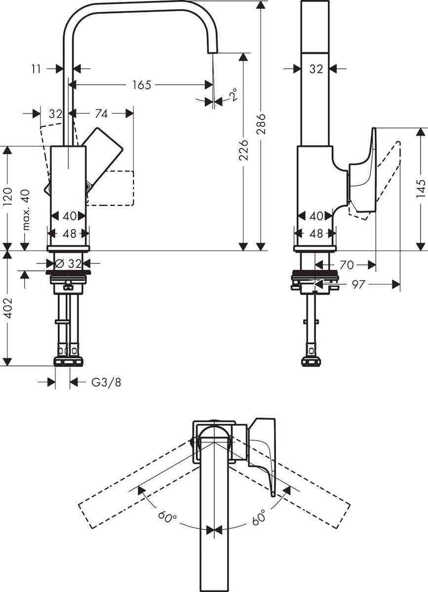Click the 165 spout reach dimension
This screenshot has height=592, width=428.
[141, 85]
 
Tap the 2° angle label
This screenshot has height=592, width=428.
[233, 94]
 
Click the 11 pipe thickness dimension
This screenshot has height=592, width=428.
[36, 69]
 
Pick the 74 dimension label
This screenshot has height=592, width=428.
[101, 113]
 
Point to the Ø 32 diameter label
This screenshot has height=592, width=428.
[69, 263]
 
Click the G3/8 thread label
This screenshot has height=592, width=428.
[106, 382]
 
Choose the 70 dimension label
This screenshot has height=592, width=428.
[347, 265]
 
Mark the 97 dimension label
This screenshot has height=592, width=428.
[358, 284]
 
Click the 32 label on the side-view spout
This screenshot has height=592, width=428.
[316, 70]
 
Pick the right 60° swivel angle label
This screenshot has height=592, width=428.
[258, 518]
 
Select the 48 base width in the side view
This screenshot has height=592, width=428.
[316, 233]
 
